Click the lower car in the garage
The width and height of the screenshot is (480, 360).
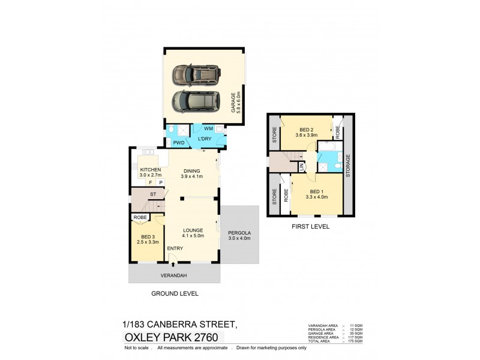(x=196, y=101)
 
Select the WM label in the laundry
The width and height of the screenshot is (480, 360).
(x=208, y=129)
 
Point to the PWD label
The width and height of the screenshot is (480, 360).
(x=179, y=143)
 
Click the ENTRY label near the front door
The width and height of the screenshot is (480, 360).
(x=176, y=248)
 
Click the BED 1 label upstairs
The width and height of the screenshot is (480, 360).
(x=316, y=193)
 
